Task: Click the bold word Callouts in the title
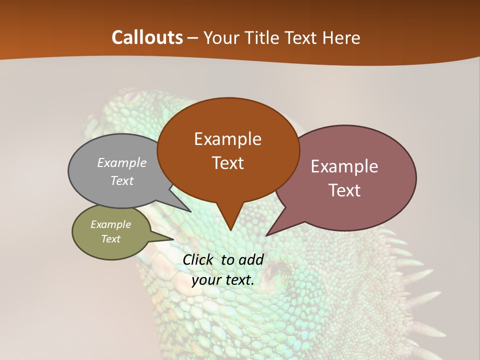147,37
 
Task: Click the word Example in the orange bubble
227,139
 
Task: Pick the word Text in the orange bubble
227,163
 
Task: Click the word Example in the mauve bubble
344,166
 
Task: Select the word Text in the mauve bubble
344,190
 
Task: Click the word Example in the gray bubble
122,163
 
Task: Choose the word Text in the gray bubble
122,180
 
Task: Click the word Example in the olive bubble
111,224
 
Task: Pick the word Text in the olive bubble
111,239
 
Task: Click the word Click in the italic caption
199,259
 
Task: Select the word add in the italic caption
251,259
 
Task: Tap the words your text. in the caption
223,280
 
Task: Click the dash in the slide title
193,38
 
